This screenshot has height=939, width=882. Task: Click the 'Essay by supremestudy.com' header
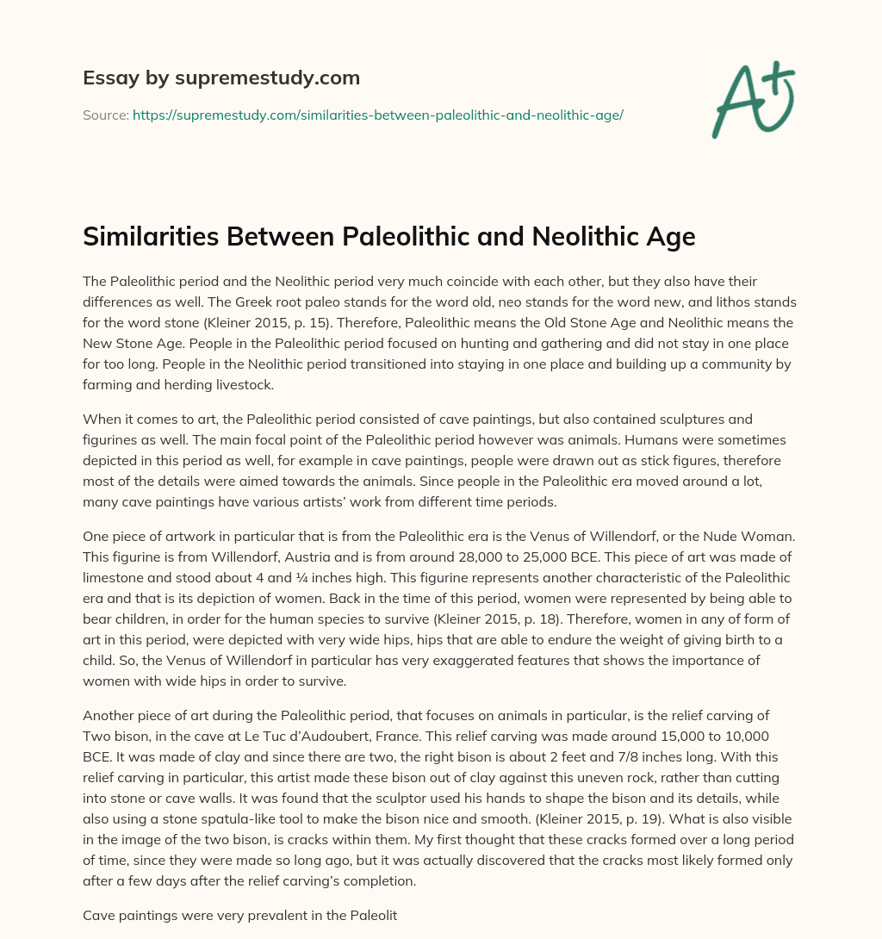(221, 78)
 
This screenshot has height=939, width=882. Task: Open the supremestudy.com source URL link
(377, 115)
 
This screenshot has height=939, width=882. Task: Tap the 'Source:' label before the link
(106, 115)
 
